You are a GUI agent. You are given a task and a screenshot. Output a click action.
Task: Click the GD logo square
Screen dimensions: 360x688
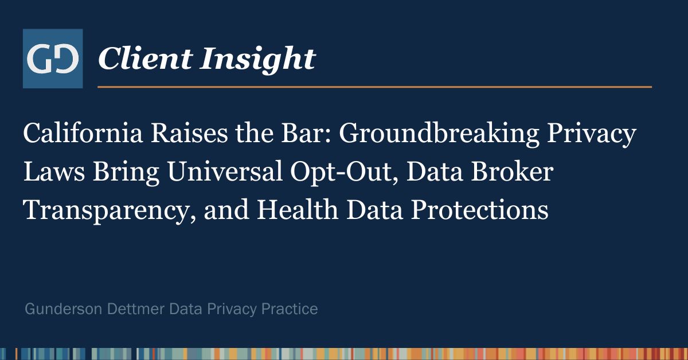[53, 58]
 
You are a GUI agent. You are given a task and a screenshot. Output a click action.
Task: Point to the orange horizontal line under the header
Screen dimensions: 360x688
[374, 87]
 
